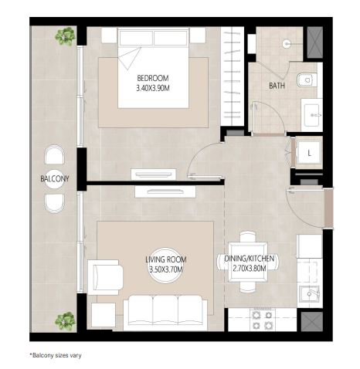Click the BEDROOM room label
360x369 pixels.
153,78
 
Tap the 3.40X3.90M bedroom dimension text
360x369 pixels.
153,88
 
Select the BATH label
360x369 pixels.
277,86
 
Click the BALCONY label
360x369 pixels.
55,178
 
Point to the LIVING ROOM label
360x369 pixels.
166,259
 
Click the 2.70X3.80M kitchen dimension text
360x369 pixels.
250,269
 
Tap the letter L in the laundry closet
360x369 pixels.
309,154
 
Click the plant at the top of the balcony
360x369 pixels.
66,36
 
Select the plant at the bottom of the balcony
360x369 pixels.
66,320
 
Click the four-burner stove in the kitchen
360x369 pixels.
262,320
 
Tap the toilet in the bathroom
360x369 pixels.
307,80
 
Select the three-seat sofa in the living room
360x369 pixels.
165,313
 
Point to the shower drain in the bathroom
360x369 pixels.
287,44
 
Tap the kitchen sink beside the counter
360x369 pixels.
309,294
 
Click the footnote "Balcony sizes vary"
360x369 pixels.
56,355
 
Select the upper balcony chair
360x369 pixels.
54,154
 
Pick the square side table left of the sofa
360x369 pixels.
104,315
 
